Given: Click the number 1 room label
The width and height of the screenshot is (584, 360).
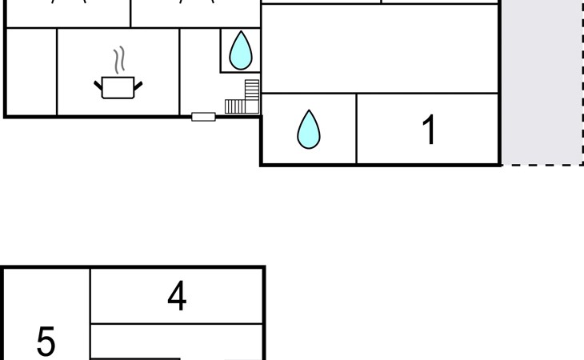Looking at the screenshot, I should pyautogui.click(x=430, y=130).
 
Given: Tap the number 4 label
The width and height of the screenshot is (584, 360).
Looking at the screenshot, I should pyautogui.click(x=177, y=297).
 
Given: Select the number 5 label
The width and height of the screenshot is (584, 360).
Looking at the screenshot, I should pyautogui.click(x=46, y=342).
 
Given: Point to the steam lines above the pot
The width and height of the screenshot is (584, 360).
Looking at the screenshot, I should pyautogui.click(x=119, y=59).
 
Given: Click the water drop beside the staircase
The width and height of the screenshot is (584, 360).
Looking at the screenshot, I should pyautogui.click(x=240, y=51).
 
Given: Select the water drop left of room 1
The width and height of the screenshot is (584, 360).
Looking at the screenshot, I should pyautogui.click(x=309, y=130).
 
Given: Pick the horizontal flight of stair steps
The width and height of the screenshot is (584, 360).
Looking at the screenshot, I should pyautogui.click(x=234, y=106).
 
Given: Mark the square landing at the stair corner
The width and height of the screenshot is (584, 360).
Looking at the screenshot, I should pyautogui.click(x=252, y=106).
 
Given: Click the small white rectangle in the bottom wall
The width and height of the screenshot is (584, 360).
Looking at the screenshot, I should pyautogui.click(x=203, y=117).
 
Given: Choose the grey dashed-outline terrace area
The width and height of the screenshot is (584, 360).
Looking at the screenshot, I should pyautogui.click(x=542, y=80).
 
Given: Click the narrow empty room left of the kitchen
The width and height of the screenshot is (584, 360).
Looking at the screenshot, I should pyautogui.click(x=31, y=72).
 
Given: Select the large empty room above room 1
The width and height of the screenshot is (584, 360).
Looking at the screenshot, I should pyautogui.click(x=380, y=48).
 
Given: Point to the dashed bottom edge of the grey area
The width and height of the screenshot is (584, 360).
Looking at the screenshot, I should pyautogui.click(x=542, y=165).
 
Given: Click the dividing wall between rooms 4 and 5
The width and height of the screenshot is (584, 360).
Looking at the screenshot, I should pyautogui.click(x=90, y=312).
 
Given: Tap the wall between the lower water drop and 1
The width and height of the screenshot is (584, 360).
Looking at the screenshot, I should pyautogui.click(x=356, y=130).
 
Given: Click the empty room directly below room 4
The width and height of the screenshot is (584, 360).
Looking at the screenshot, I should pyautogui.click(x=177, y=344).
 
